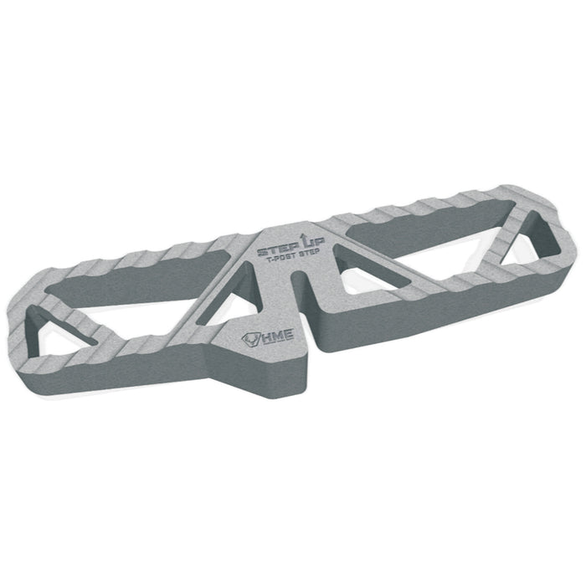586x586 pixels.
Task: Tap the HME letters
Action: [279, 335]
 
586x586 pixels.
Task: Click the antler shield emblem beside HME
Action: [251, 339]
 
